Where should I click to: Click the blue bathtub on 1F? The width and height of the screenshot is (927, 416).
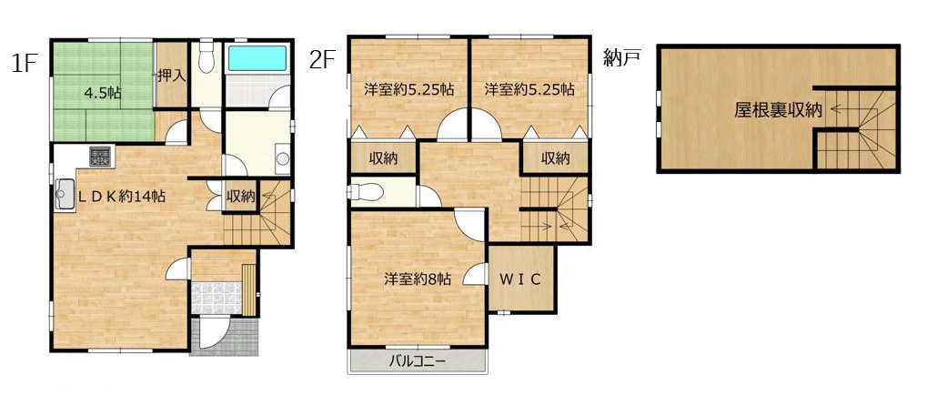(x=257, y=58)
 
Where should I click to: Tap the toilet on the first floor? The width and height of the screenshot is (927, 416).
(x=206, y=56)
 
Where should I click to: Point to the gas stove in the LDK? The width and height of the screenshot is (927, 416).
(x=99, y=157)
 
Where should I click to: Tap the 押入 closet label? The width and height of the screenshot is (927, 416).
(x=171, y=76)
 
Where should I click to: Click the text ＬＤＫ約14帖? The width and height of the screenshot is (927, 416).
(x=122, y=197)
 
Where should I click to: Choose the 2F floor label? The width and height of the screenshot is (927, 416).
(x=322, y=60)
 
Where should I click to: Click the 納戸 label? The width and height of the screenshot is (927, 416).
(x=622, y=57)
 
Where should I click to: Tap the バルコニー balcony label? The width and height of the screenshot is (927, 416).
(x=417, y=361)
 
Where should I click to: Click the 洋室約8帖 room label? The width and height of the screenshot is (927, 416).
(x=418, y=279)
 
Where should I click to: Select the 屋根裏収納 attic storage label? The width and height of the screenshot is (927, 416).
(x=778, y=110)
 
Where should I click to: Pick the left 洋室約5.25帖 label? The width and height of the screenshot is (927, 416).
(x=408, y=90)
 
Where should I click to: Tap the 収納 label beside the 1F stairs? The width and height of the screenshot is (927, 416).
(x=240, y=197)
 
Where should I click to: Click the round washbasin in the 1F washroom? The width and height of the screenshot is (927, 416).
(x=283, y=158)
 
